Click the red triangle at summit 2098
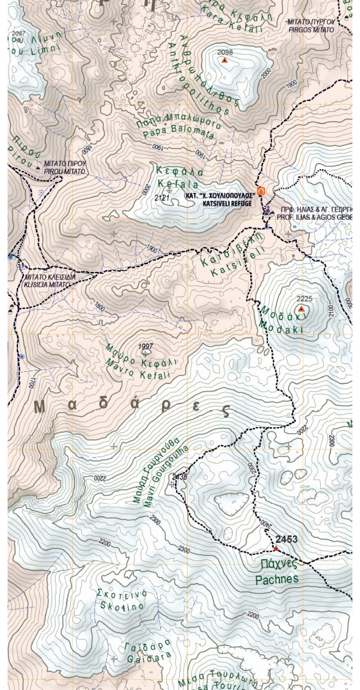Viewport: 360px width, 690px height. tap(225, 60)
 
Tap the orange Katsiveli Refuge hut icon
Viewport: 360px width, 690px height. tap(261, 191)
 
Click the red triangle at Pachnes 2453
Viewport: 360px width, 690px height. tap(276, 549)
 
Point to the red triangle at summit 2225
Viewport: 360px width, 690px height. tap(301, 308)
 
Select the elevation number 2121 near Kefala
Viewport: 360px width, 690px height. tap(162, 197)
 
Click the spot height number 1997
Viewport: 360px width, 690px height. tap(146, 346)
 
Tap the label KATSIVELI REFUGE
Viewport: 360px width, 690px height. tap(228, 203)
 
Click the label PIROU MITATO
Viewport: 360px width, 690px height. tap(65, 172)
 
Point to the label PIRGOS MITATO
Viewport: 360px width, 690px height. tap(311, 30)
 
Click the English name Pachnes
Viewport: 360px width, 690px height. tap(277, 580)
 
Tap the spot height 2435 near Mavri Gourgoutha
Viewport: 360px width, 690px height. tap(179, 477)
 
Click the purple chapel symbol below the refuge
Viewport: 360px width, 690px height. tap(268, 208)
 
